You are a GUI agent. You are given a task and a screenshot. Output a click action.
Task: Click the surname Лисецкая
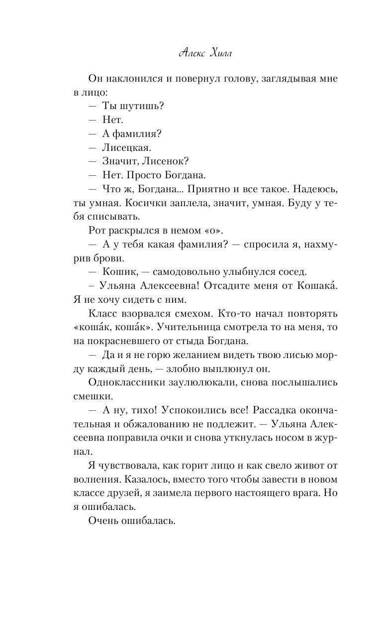point(126,148)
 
